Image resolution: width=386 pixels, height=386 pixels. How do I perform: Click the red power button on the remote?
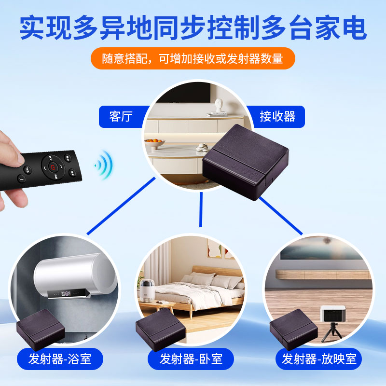pyautogui.click(x=54, y=168)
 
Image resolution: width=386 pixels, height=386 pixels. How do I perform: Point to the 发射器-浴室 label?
pyautogui.click(x=60, y=359)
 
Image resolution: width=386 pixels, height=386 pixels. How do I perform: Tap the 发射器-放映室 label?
pyautogui.click(x=319, y=359)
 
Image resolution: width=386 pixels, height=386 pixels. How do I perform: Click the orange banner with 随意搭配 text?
pyautogui.click(x=193, y=59)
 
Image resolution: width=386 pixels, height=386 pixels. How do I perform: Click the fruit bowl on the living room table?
pyautogui.click(x=155, y=143)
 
